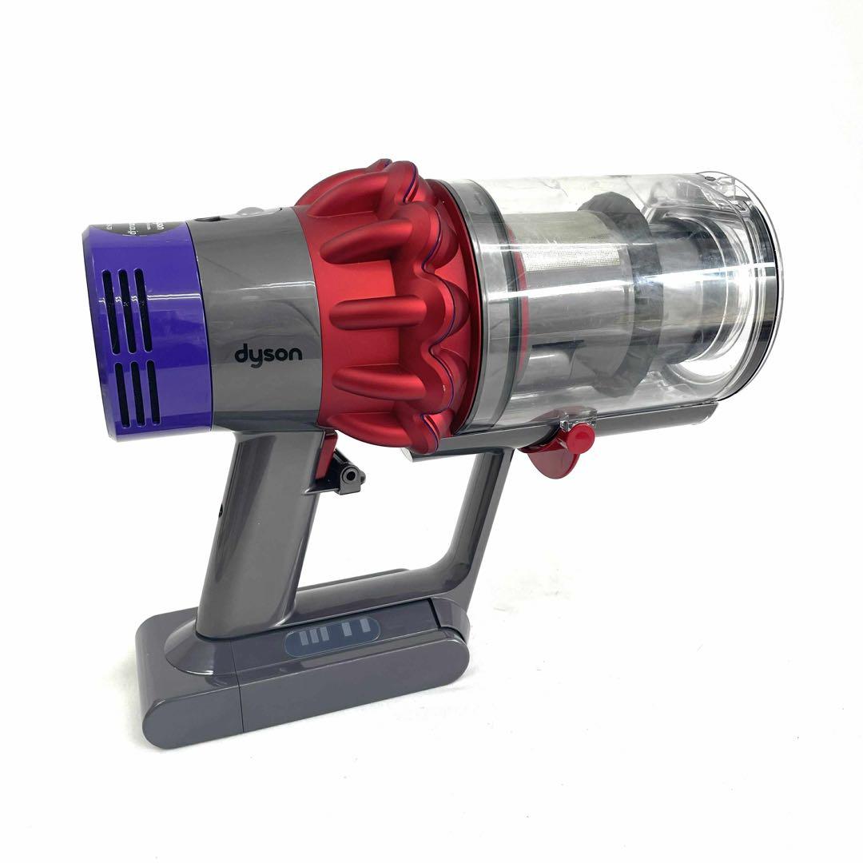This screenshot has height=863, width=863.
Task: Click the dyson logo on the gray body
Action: tap(268, 353)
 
